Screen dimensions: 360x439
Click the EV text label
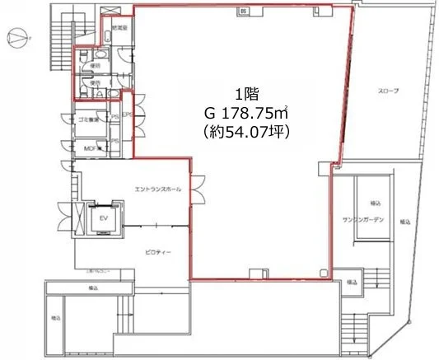point(105,218)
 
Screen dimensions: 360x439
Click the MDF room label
point(90,148)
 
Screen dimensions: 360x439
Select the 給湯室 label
point(119,28)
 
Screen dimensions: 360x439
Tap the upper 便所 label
point(96,66)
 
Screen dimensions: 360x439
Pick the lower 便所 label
point(96,83)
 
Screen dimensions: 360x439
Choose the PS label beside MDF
point(115,141)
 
